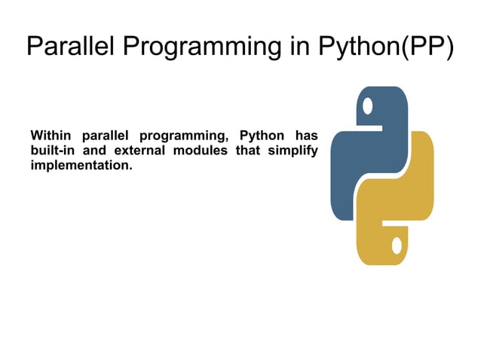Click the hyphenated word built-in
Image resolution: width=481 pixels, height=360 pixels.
point(51,150)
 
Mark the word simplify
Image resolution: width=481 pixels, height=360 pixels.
point(293,151)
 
